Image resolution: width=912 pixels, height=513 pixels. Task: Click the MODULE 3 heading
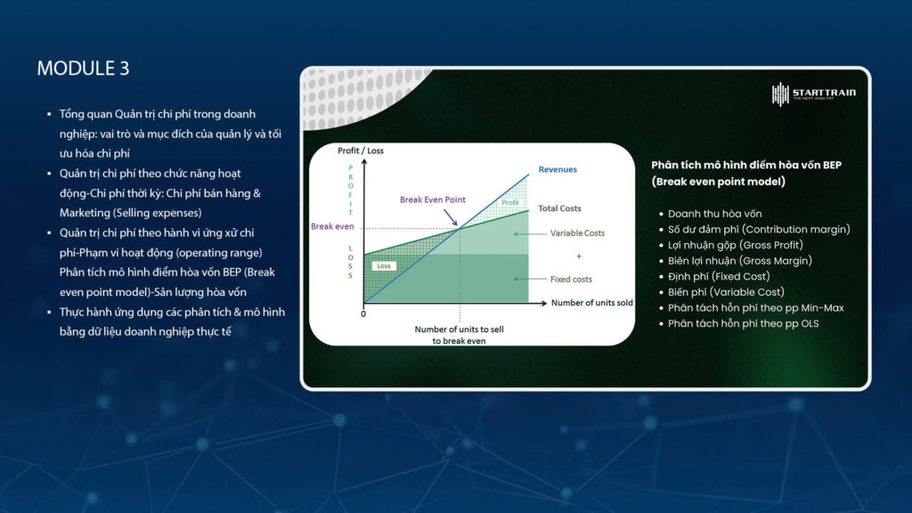pyautogui.click(x=83, y=68)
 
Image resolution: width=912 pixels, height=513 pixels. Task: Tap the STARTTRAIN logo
pyautogui.click(x=814, y=94)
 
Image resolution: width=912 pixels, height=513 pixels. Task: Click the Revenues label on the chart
pyautogui.click(x=558, y=169)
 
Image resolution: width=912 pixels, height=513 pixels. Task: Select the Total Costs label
pyautogui.click(x=559, y=208)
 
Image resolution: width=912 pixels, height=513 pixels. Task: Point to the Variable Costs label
pyautogui.click(x=577, y=233)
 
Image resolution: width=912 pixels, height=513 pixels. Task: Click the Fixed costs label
pyautogui.click(x=571, y=279)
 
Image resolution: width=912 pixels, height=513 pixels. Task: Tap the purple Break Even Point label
pyautogui.click(x=432, y=199)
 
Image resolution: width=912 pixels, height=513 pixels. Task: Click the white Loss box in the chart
pyautogui.click(x=384, y=265)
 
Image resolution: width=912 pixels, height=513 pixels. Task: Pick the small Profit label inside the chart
pyautogui.click(x=510, y=202)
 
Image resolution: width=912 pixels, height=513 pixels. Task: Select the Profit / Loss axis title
pyautogui.click(x=361, y=151)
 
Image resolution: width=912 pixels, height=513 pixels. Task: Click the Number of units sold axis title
pyautogui.click(x=591, y=303)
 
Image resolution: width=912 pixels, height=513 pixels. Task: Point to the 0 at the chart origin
pyautogui.click(x=363, y=314)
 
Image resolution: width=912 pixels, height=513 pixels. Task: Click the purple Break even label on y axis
pyautogui.click(x=332, y=226)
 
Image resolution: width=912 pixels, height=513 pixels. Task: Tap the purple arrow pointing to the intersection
pyautogui.click(x=451, y=217)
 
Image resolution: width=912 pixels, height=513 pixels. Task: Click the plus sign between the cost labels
pyautogui.click(x=579, y=256)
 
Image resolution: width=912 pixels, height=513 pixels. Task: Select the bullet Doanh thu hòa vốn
pyautogui.click(x=714, y=214)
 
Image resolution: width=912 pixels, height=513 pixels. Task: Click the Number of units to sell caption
pyautogui.click(x=459, y=330)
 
